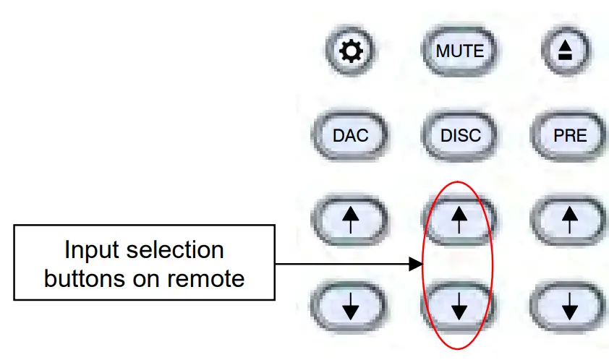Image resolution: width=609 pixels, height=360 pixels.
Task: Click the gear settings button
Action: click(x=351, y=51)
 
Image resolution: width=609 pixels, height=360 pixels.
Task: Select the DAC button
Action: click(x=351, y=135)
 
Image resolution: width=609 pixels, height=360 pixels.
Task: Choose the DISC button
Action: click(x=460, y=135)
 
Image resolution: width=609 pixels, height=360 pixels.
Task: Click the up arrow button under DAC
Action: click(x=351, y=218)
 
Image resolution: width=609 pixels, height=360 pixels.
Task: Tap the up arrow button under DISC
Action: click(x=459, y=218)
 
